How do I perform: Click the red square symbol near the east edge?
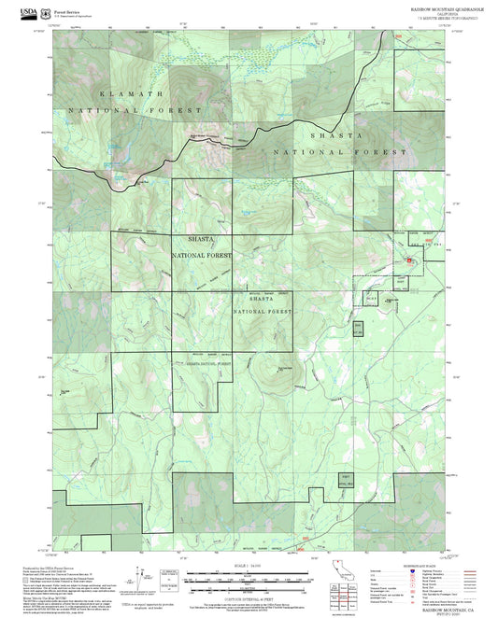pos(407,259)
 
